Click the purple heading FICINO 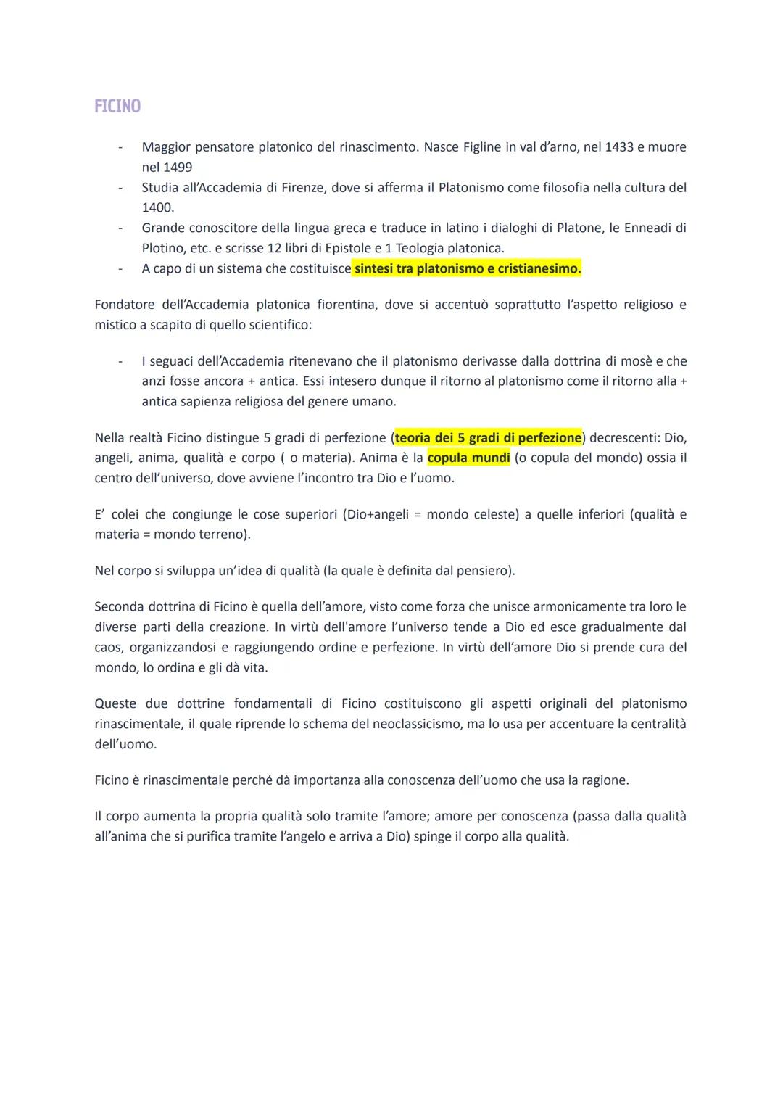[117, 107]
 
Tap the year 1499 [177, 168]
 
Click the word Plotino [163, 248]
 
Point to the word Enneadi [647, 228]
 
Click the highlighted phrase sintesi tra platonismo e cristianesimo [468, 269]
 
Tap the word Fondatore [125, 305]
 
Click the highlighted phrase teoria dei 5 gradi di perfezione [488, 438]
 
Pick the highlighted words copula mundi [469, 458]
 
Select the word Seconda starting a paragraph [118, 606]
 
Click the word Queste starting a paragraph [115, 703]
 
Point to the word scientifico [277, 325]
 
